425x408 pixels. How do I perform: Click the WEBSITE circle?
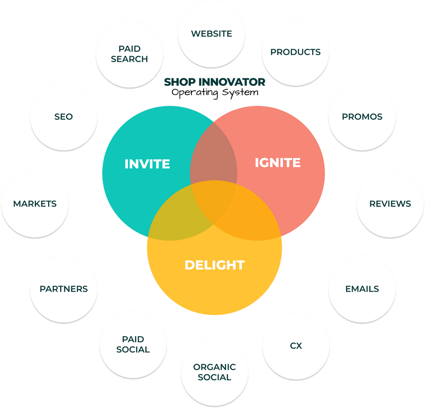pyautogui.click(x=211, y=34)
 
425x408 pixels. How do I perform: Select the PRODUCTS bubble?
pyautogui.click(x=295, y=52)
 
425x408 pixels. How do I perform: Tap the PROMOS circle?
pyautogui.click(x=362, y=117)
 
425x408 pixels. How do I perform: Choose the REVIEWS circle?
pyautogui.click(x=390, y=204)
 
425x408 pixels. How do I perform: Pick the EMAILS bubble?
pyautogui.click(x=362, y=289)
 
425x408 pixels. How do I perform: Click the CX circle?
pyautogui.click(x=296, y=346)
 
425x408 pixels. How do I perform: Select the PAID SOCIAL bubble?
pyautogui.click(x=133, y=344)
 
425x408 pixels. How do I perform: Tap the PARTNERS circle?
pyautogui.click(x=64, y=289)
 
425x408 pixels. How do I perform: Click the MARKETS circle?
pyautogui.click(x=35, y=204)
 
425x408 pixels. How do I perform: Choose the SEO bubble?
pyautogui.click(x=64, y=117)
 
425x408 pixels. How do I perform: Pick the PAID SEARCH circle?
pyautogui.click(x=130, y=54)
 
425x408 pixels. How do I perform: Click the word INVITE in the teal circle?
pyautogui.click(x=147, y=164)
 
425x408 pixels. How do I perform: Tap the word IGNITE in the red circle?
pyautogui.click(x=277, y=162)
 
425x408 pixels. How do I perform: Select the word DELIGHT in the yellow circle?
pyautogui.click(x=215, y=264)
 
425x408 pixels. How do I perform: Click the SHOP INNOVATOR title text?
pyautogui.click(x=214, y=81)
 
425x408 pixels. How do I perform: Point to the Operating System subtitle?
pyautogui.click(x=214, y=93)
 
